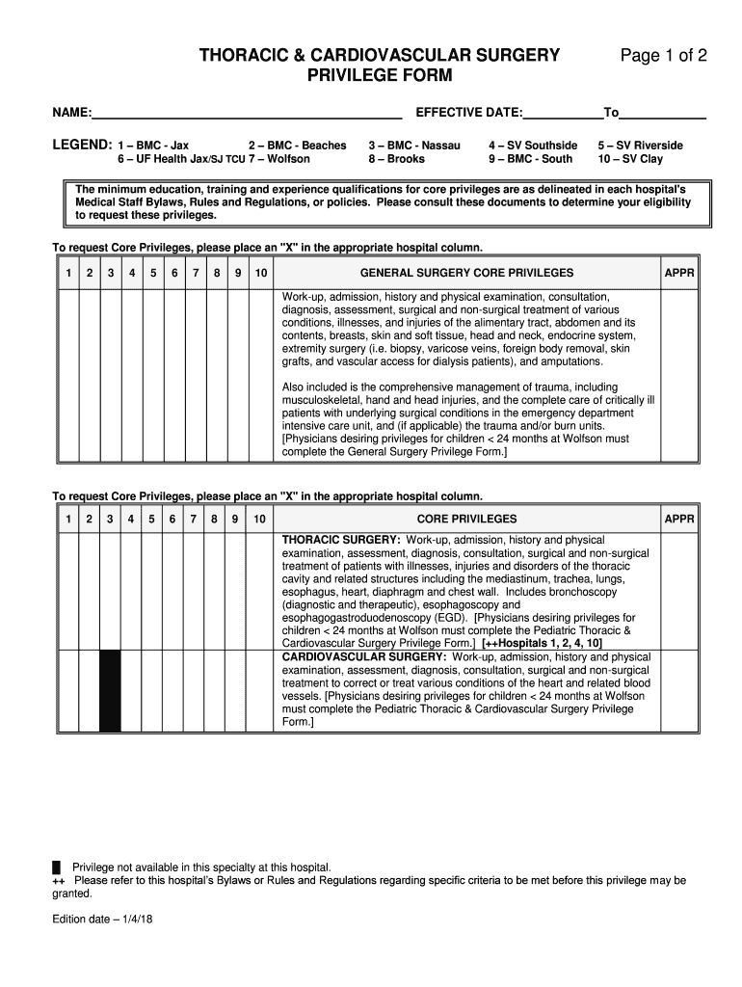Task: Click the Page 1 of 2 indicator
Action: (664, 56)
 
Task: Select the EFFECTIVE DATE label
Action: (468, 113)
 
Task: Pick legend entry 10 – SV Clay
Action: (630, 159)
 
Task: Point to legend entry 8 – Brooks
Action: (396, 159)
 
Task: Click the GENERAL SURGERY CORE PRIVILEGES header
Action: (466, 274)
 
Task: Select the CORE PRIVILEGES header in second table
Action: (466, 520)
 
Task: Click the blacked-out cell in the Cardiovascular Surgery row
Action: (110, 691)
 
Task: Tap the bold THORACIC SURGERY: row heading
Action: (341, 540)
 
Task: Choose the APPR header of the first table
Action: (679, 274)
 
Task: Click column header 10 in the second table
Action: (259, 520)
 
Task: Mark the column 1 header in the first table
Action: (68, 274)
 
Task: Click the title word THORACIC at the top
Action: (242, 56)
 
